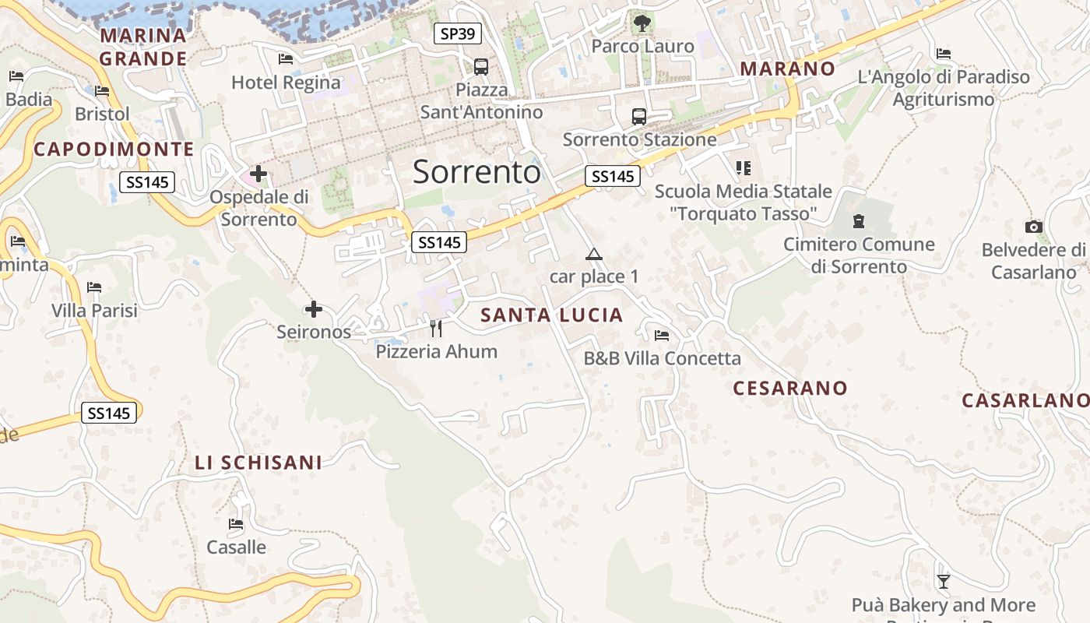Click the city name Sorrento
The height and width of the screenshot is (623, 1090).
pyautogui.click(x=476, y=171)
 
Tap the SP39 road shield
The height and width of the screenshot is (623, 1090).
pyautogui.click(x=458, y=33)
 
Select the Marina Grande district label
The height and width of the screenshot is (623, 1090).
pyautogui.click(x=143, y=47)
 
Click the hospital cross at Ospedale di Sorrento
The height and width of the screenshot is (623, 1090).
pyautogui.click(x=258, y=174)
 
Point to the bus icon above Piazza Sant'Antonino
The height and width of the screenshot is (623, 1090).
pyautogui.click(x=481, y=67)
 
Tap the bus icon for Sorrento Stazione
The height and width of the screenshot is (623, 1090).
pyautogui.click(x=639, y=117)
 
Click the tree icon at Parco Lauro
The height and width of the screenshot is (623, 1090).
pyautogui.click(x=642, y=23)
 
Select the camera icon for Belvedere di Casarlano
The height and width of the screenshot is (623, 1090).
pyautogui.click(x=1034, y=227)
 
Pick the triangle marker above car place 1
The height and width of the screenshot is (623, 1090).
pyautogui.click(x=594, y=254)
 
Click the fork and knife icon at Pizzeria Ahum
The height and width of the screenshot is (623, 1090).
pyautogui.click(x=436, y=329)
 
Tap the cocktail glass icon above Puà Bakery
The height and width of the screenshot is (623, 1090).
pyautogui.click(x=944, y=581)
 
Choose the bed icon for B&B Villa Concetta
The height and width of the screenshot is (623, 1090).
pyautogui.click(x=662, y=336)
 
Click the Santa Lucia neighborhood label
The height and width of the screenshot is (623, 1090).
pyautogui.click(x=552, y=315)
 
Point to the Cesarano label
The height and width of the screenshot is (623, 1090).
pyautogui.click(x=790, y=388)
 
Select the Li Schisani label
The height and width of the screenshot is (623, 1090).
pyautogui.click(x=258, y=463)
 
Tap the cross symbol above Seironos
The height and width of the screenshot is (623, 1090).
pyautogui.click(x=314, y=310)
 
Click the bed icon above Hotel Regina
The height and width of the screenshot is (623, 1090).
pyautogui.click(x=286, y=59)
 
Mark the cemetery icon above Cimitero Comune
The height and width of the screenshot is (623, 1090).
pyautogui.click(x=859, y=221)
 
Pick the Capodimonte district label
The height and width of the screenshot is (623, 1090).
pyautogui.click(x=114, y=150)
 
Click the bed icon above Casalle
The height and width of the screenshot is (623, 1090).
pyautogui.click(x=236, y=524)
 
